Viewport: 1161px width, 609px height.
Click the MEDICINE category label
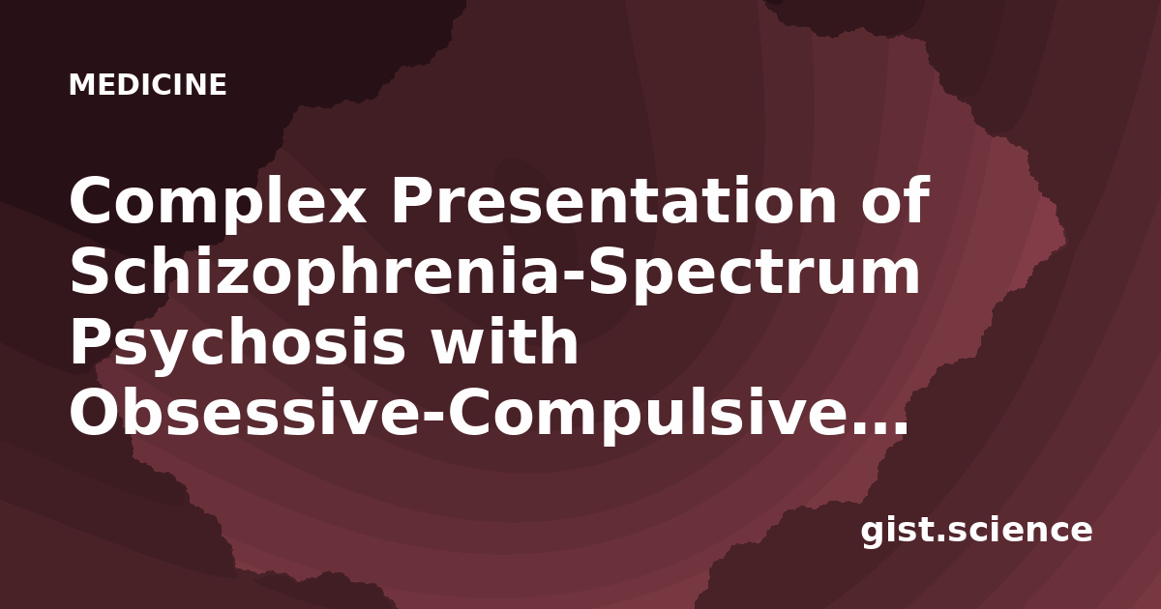tap(148, 84)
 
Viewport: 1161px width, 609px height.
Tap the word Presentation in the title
tap(614, 200)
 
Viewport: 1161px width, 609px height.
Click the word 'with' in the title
tap(505, 341)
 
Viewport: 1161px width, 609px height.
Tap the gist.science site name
tap(976, 531)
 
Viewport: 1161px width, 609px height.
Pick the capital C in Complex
tap(92, 200)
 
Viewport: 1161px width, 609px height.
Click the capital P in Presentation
tap(412, 200)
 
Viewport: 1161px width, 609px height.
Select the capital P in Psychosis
tap(91, 342)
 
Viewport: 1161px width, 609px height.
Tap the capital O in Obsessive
tap(97, 413)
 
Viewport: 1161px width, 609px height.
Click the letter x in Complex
tap(343, 206)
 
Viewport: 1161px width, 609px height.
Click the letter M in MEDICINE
tap(81, 84)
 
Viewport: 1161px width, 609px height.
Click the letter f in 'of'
tap(916, 199)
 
